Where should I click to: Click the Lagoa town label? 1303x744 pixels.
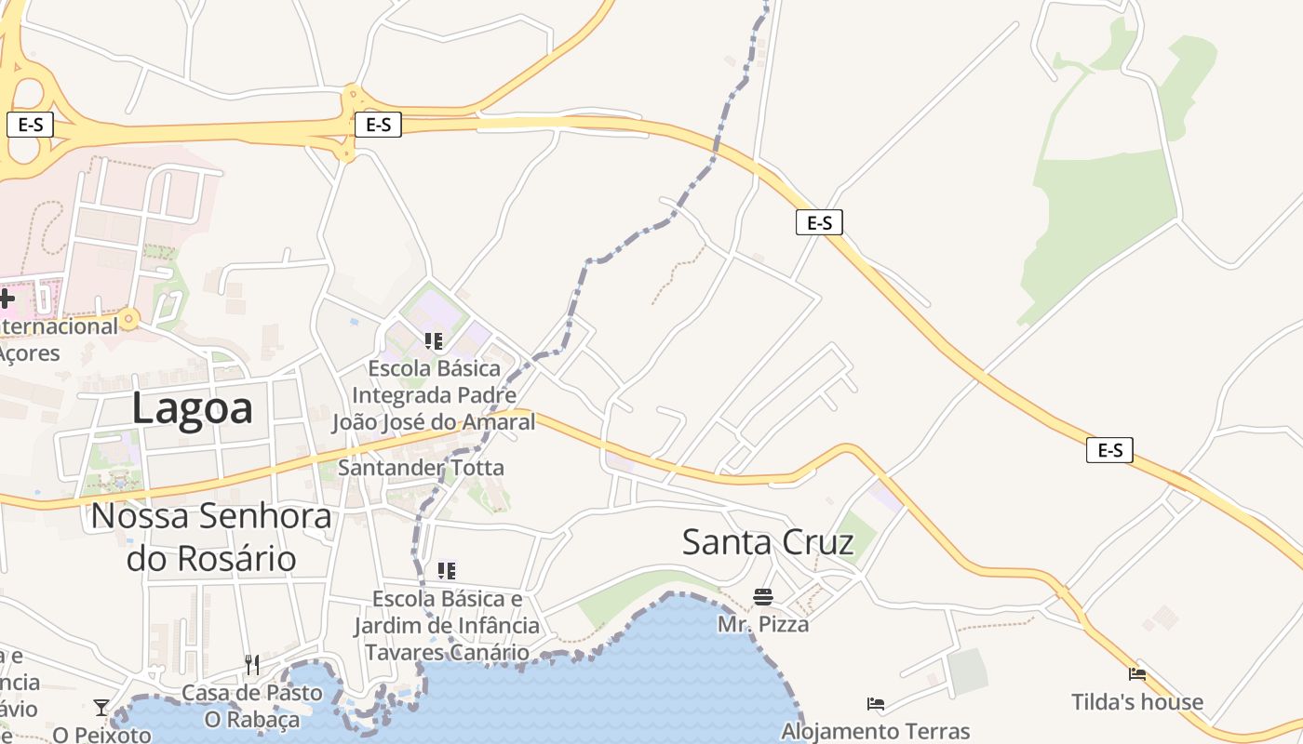(x=192, y=408)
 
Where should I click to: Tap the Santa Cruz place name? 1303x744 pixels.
(x=768, y=541)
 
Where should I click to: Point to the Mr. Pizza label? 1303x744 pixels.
(x=763, y=624)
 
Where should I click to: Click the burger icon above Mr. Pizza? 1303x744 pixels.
(x=763, y=597)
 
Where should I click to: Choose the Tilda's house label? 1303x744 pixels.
(x=1136, y=702)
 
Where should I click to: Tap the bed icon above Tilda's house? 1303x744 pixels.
(x=1136, y=674)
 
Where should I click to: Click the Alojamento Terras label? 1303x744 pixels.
(x=876, y=732)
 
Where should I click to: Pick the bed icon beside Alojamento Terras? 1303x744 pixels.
(x=875, y=704)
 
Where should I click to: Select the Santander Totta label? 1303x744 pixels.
(x=421, y=468)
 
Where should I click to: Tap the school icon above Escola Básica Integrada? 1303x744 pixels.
(x=433, y=341)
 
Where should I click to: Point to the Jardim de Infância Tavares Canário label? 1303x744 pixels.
(x=447, y=638)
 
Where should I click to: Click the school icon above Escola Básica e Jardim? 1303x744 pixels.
(x=447, y=570)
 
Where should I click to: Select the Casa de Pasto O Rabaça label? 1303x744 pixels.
(x=252, y=706)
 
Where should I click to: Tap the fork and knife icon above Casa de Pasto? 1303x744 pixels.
(x=252, y=665)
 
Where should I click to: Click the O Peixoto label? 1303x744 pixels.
(x=101, y=735)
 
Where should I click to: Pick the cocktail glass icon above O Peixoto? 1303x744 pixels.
(x=101, y=708)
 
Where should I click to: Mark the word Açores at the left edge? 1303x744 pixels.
(x=29, y=353)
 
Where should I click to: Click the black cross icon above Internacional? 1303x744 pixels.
(x=7, y=299)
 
